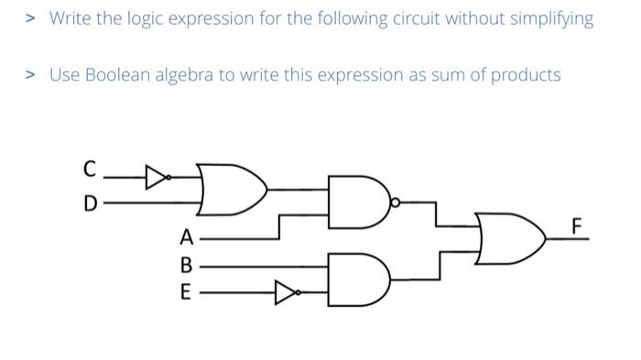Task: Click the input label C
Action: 89,169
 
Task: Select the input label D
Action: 89,203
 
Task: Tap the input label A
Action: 187,238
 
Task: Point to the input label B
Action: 187,267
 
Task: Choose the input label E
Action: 187,294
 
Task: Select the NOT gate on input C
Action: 158,174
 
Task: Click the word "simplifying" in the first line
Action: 552,18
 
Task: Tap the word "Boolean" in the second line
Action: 117,75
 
